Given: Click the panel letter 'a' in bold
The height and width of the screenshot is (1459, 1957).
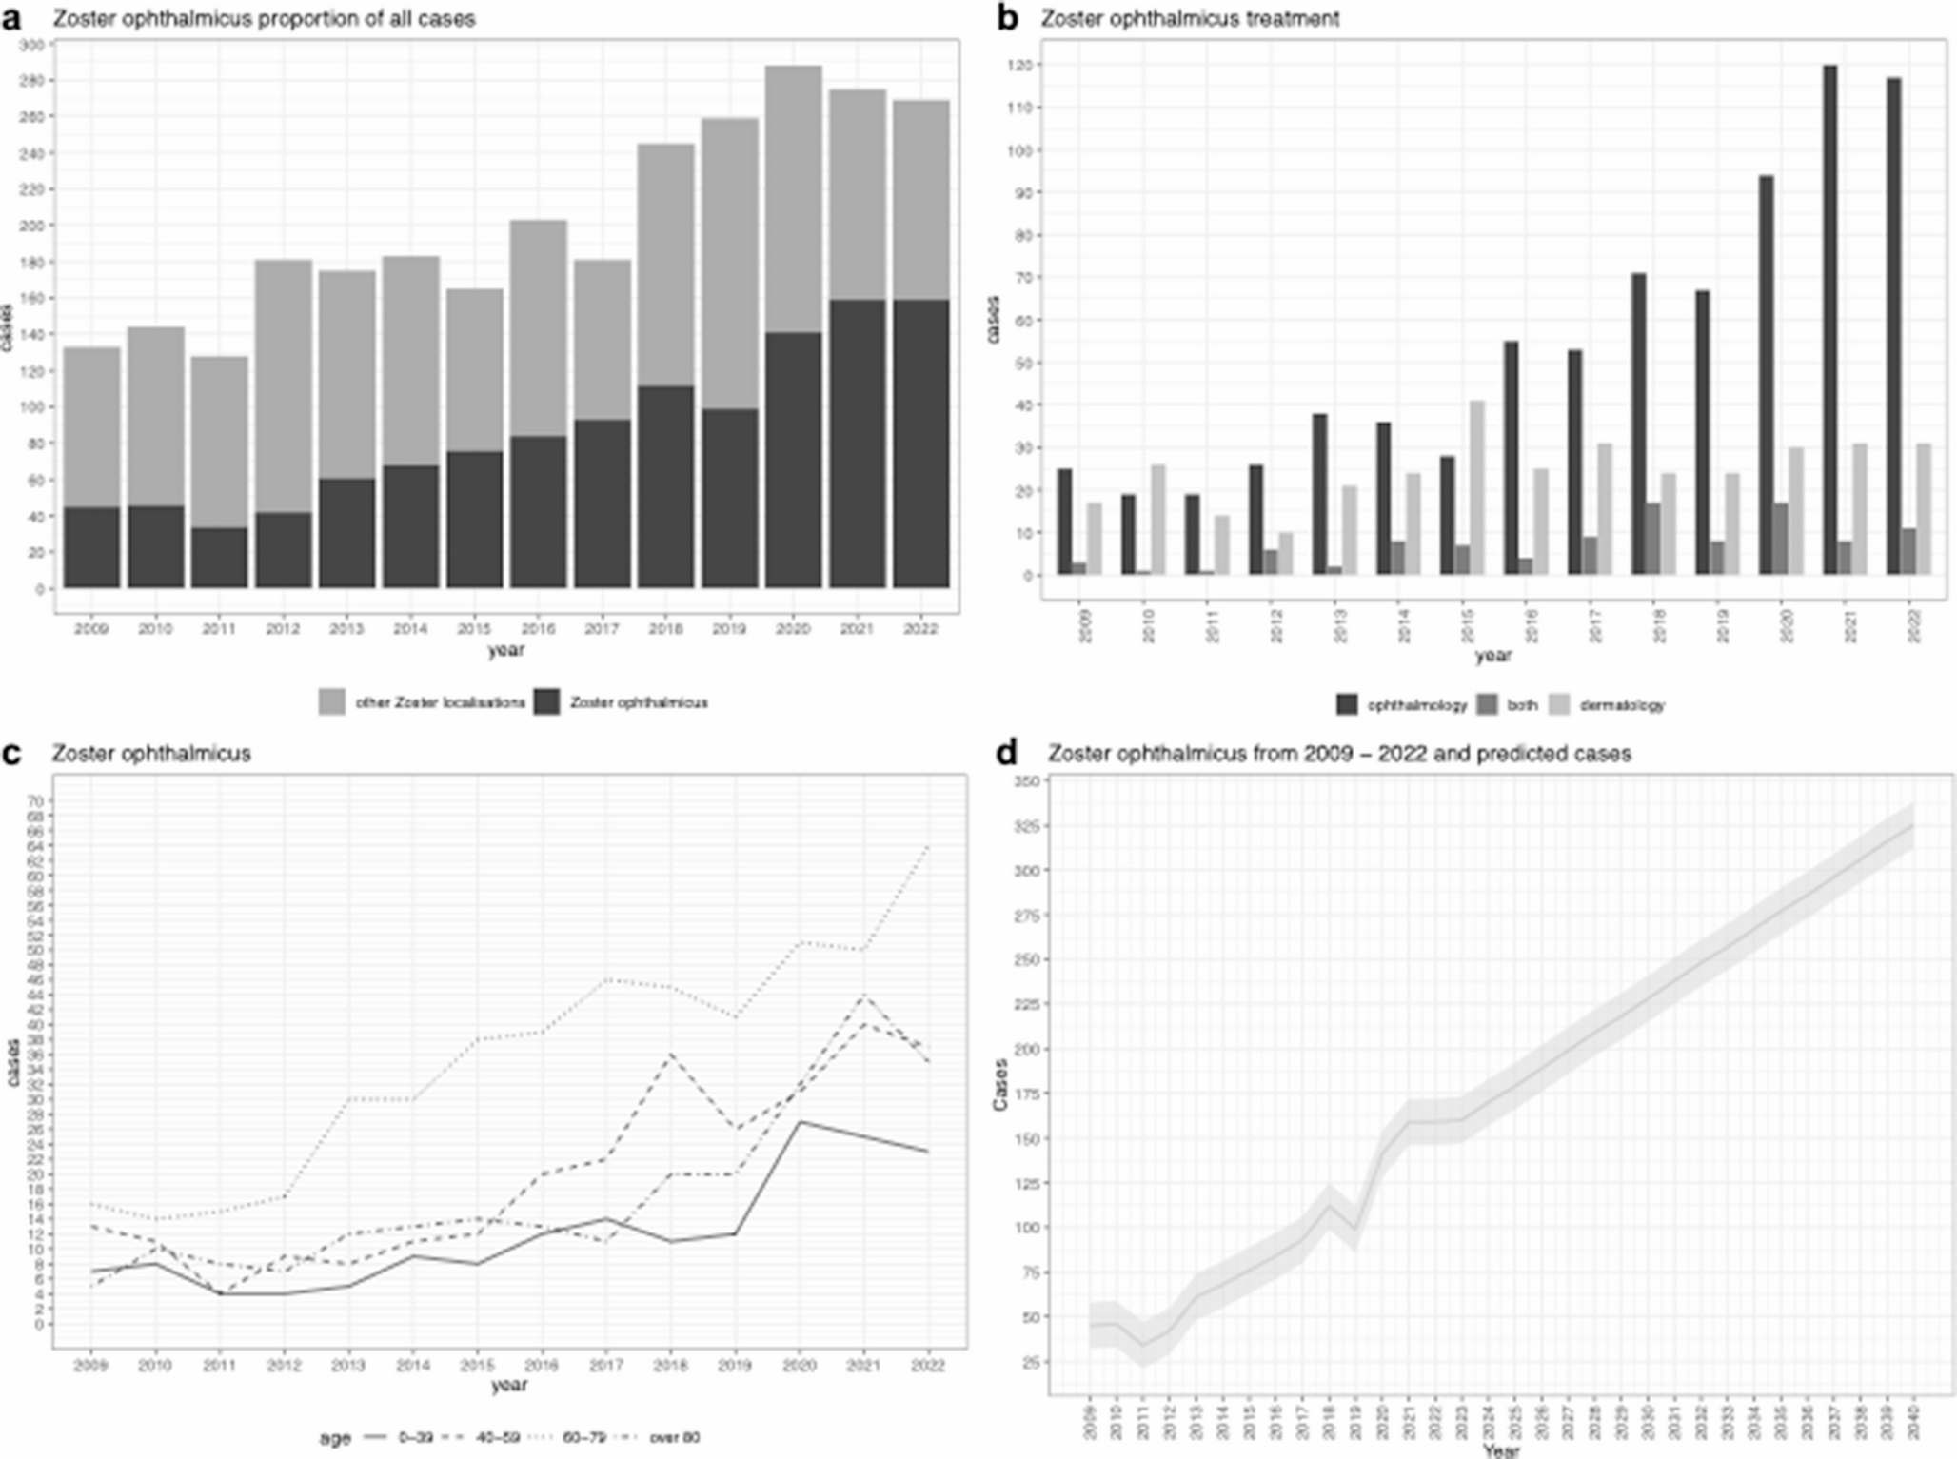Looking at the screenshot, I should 11,19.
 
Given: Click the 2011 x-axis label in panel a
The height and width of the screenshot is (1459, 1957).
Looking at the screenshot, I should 219,629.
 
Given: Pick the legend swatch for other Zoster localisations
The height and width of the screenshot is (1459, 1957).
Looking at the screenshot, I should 332,702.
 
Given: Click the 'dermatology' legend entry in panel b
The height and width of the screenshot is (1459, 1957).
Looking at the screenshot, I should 1622,705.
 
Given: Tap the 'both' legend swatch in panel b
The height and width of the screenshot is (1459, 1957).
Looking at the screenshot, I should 1486,705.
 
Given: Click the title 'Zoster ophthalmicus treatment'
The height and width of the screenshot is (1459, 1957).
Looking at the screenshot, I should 1190,19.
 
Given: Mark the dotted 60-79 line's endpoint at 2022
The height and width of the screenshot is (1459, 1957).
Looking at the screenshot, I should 928,844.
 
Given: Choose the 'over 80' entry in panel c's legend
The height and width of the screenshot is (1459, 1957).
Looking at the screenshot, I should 674,1437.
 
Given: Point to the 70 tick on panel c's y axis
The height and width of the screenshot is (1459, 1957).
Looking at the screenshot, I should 36,800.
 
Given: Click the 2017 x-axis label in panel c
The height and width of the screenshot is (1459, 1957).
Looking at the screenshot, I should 606,1366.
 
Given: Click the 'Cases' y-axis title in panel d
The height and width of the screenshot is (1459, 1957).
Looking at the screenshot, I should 999,1084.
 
